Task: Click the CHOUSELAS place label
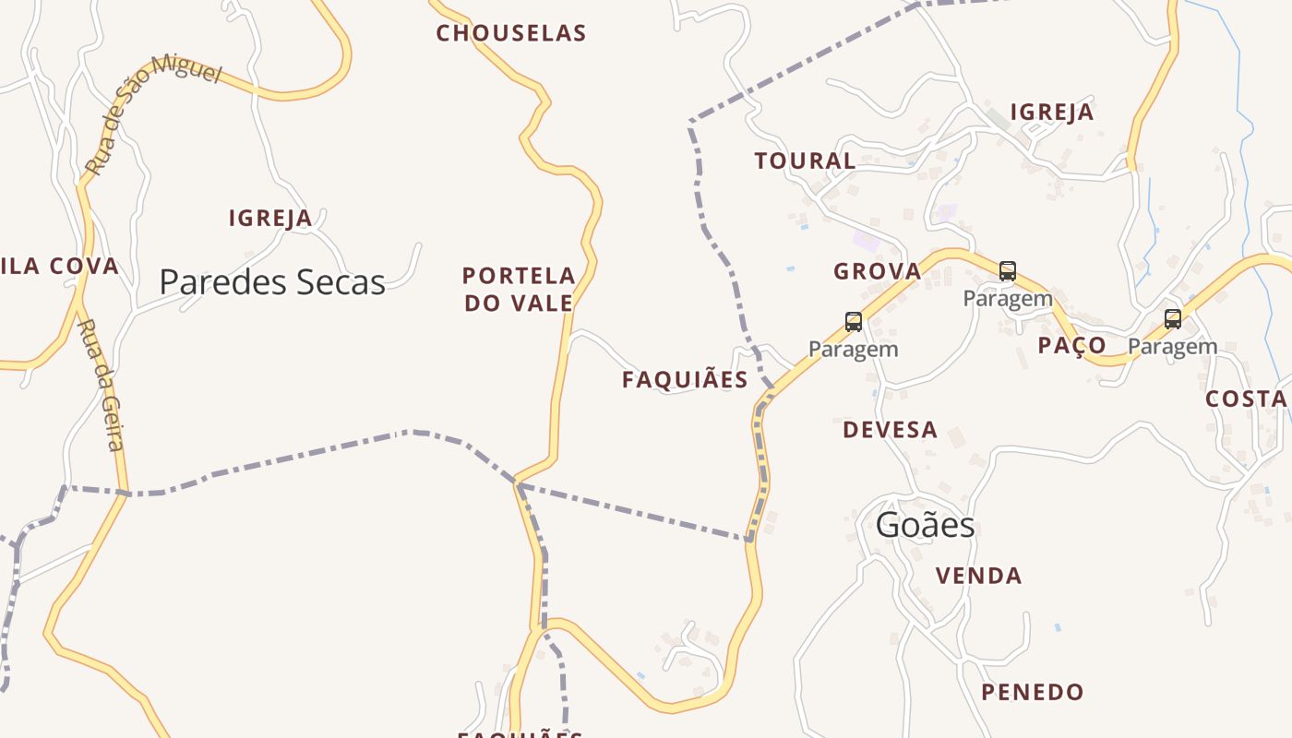pyautogui.click(x=510, y=33)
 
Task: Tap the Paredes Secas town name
pyautogui.click(x=272, y=281)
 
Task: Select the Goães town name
pyautogui.click(x=925, y=525)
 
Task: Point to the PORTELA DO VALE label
pyautogui.click(x=519, y=289)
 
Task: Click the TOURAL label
pyautogui.click(x=805, y=161)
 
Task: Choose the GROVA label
pyautogui.click(x=877, y=271)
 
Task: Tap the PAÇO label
pyautogui.click(x=1071, y=345)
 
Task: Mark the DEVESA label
pyautogui.click(x=890, y=430)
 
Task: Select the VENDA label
pyautogui.click(x=978, y=577)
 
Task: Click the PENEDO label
pyautogui.click(x=1032, y=692)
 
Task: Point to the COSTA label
pyautogui.click(x=1246, y=399)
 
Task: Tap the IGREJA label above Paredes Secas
pyautogui.click(x=270, y=219)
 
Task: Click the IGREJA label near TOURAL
pyautogui.click(x=1051, y=113)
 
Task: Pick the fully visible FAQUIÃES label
pyautogui.click(x=685, y=380)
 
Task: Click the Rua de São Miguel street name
pyautogui.click(x=152, y=112)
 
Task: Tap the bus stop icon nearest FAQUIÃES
pyautogui.click(x=854, y=322)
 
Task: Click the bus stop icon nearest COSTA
pyautogui.click(x=1172, y=319)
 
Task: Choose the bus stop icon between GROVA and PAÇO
pyautogui.click(x=1008, y=271)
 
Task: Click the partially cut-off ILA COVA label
pyautogui.click(x=60, y=267)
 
